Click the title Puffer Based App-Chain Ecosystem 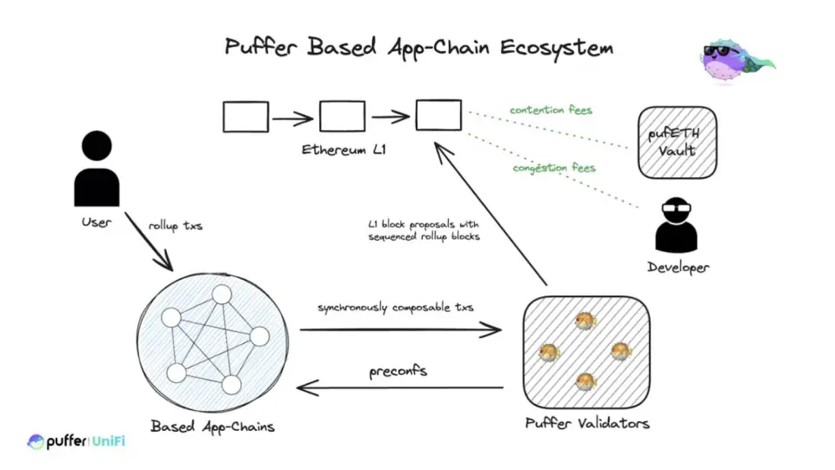tap(418, 46)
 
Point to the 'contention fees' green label tap(551, 110)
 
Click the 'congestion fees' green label tap(553, 167)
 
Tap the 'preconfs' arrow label tap(399, 371)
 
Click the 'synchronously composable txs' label tap(396, 308)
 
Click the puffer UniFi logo tap(77, 442)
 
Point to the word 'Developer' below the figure tap(678, 267)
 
